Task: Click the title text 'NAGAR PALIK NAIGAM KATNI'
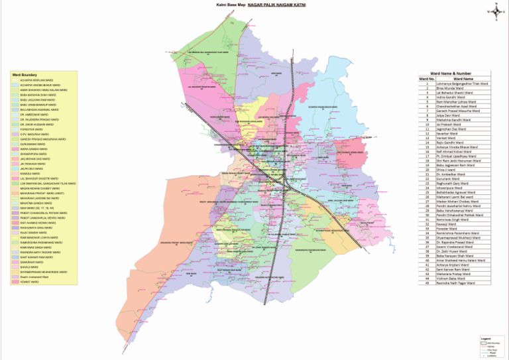(x=278, y=5)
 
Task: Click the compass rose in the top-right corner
(x=495, y=11)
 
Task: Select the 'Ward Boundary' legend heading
(x=24, y=74)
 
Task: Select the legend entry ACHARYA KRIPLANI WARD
(x=36, y=80)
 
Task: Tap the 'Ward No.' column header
(x=426, y=79)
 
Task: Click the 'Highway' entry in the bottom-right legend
(x=491, y=345)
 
